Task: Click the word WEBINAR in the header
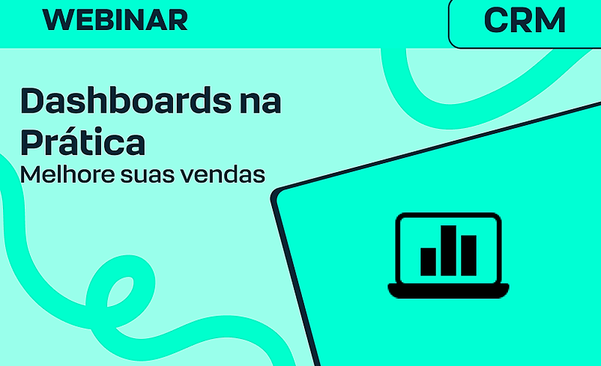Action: [115, 20]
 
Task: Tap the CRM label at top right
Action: [525, 20]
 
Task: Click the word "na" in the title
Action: [259, 101]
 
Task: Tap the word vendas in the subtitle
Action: [224, 175]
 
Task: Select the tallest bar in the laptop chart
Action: [449, 250]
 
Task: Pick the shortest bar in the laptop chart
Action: [429, 261]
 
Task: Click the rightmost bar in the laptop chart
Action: [468, 254]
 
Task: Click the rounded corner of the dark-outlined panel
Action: [279, 195]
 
